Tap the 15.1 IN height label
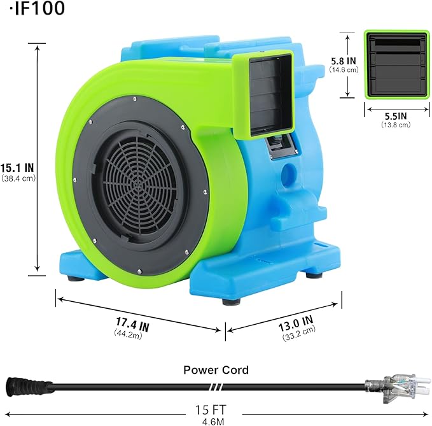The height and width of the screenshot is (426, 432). tap(17, 167)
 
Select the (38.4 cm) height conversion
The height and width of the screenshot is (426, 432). tap(17, 178)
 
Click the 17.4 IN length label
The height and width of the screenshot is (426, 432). tap(132, 325)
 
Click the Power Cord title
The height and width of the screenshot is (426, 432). tap(216, 369)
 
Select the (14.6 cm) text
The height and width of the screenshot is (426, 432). tap(344, 70)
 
